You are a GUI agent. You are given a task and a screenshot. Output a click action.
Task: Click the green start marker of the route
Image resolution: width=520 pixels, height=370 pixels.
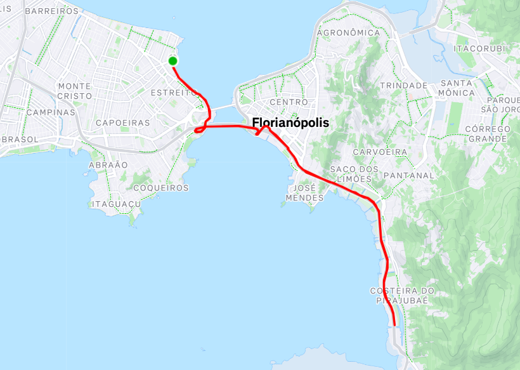[172, 61]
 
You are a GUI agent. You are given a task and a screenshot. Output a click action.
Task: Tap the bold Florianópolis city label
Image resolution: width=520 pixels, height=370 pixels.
[290, 123]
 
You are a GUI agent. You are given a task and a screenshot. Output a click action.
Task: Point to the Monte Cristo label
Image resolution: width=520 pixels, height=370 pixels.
[74, 91]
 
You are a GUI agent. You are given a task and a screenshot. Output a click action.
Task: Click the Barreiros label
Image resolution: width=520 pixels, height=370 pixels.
[51, 11]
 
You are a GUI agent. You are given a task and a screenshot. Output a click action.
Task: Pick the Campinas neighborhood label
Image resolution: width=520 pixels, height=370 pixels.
[51, 112]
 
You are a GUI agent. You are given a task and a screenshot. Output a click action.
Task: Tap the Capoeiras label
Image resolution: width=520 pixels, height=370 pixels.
[123, 122]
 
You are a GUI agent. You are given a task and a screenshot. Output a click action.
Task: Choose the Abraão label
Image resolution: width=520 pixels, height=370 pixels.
[108, 164]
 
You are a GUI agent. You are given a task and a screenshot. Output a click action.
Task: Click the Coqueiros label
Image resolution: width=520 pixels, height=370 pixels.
[162, 188]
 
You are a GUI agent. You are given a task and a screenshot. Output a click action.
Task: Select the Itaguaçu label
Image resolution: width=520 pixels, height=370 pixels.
[115, 204]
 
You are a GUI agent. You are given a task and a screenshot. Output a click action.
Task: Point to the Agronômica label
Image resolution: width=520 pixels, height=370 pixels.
[348, 32]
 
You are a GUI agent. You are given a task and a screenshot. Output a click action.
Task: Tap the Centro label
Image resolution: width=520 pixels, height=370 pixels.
[289, 102]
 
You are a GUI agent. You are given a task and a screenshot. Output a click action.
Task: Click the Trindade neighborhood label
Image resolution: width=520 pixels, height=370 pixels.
[403, 85]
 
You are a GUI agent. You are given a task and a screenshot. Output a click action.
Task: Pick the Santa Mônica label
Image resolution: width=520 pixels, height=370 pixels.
[457, 88]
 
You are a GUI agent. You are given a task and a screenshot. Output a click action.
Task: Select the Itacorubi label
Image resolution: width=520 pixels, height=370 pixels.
[479, 48]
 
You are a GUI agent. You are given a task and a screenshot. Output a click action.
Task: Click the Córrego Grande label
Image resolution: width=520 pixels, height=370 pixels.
[487, 133]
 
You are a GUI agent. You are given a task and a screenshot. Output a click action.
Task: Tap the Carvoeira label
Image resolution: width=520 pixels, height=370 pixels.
[380, 152]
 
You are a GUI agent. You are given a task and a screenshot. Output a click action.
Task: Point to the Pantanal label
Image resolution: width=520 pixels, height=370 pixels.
[409, 175]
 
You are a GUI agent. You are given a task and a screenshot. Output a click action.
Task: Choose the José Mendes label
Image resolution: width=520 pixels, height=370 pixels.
[305, 193]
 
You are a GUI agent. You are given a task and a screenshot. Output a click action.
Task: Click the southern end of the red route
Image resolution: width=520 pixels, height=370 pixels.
[394, 324]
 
